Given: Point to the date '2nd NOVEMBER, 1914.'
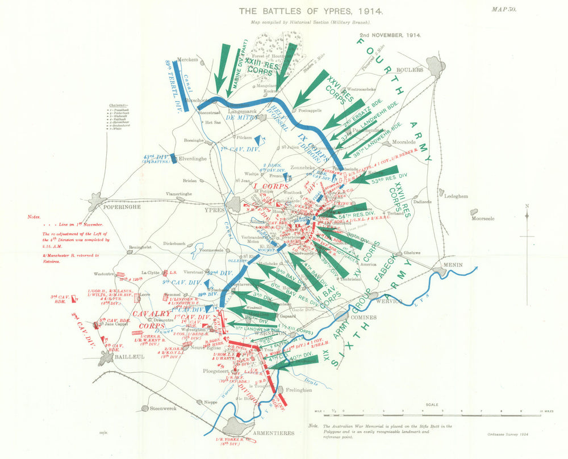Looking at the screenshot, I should coord(389,35).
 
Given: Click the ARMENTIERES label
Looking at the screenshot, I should coord(273,433).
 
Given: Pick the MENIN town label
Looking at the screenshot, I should coord(454,264).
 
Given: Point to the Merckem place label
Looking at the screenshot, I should coord(187,59).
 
